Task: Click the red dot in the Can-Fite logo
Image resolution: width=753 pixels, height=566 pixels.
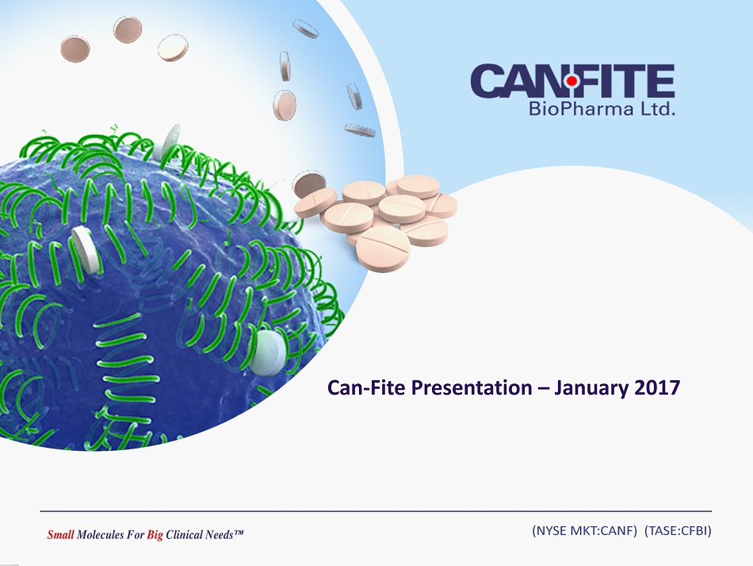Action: pos(571,81)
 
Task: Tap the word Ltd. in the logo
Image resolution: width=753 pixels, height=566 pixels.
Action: pos(658,108)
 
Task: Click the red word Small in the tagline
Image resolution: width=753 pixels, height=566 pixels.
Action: pos(60,534)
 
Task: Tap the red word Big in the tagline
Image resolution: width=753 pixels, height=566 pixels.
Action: pos(155,535)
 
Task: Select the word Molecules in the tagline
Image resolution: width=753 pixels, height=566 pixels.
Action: pos(100,534)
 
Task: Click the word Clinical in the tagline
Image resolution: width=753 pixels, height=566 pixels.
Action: pos(184,534)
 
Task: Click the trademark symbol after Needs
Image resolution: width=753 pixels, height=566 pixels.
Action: pos(239,532)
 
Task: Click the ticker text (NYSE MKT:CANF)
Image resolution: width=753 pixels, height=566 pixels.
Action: pos(584,530)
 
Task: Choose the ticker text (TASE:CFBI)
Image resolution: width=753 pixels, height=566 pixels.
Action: pos(678,530)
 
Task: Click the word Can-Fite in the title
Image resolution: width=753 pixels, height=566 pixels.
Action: pos(366,387)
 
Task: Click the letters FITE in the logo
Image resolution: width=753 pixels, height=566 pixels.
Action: pos(625,81)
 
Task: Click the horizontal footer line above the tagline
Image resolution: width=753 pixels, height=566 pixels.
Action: pos(376,510)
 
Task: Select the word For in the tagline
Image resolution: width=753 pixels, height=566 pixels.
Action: pos(135,534)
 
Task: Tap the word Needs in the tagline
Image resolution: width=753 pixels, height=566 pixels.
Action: pos(219,534)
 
